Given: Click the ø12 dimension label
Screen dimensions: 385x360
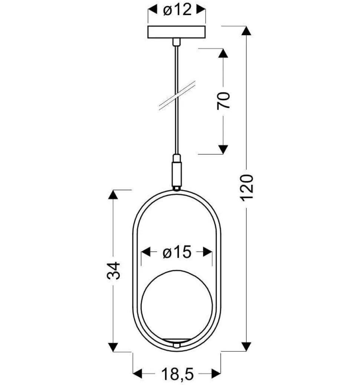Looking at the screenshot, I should tap(177, 10).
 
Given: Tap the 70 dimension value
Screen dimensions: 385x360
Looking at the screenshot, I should tap(224, 100).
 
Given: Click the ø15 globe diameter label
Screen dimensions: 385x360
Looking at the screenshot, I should tap(177, 253).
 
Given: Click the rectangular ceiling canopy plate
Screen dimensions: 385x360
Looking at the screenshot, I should tap(177, 32).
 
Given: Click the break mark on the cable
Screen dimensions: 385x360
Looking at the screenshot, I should tap(177, 96).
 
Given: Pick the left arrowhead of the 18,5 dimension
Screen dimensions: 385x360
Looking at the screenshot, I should tap(137, 372).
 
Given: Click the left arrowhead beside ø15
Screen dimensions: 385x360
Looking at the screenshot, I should tap(145, 253).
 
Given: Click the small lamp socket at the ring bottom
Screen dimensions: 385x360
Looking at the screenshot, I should tap(177, 345).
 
